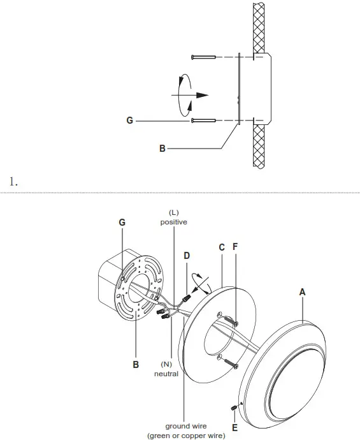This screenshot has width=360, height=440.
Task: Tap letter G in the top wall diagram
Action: [x=129, y=120]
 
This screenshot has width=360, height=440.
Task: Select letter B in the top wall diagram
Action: [x=162, y=149]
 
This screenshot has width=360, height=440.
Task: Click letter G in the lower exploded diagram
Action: [x=122, y=222]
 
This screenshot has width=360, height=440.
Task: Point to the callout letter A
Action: [x=303, y=291]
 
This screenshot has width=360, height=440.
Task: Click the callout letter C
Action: [x=221, y=247]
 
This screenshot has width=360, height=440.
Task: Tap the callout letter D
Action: [x=186, y=255]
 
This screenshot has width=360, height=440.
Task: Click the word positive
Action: [x=173, y=222]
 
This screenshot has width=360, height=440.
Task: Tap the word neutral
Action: [x=166, y=374]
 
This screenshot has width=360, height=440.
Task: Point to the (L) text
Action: [x=173, y=212]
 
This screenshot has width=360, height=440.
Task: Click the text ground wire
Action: [x=185, y=427]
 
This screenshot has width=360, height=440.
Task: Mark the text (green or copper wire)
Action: [x=185, y=436]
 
